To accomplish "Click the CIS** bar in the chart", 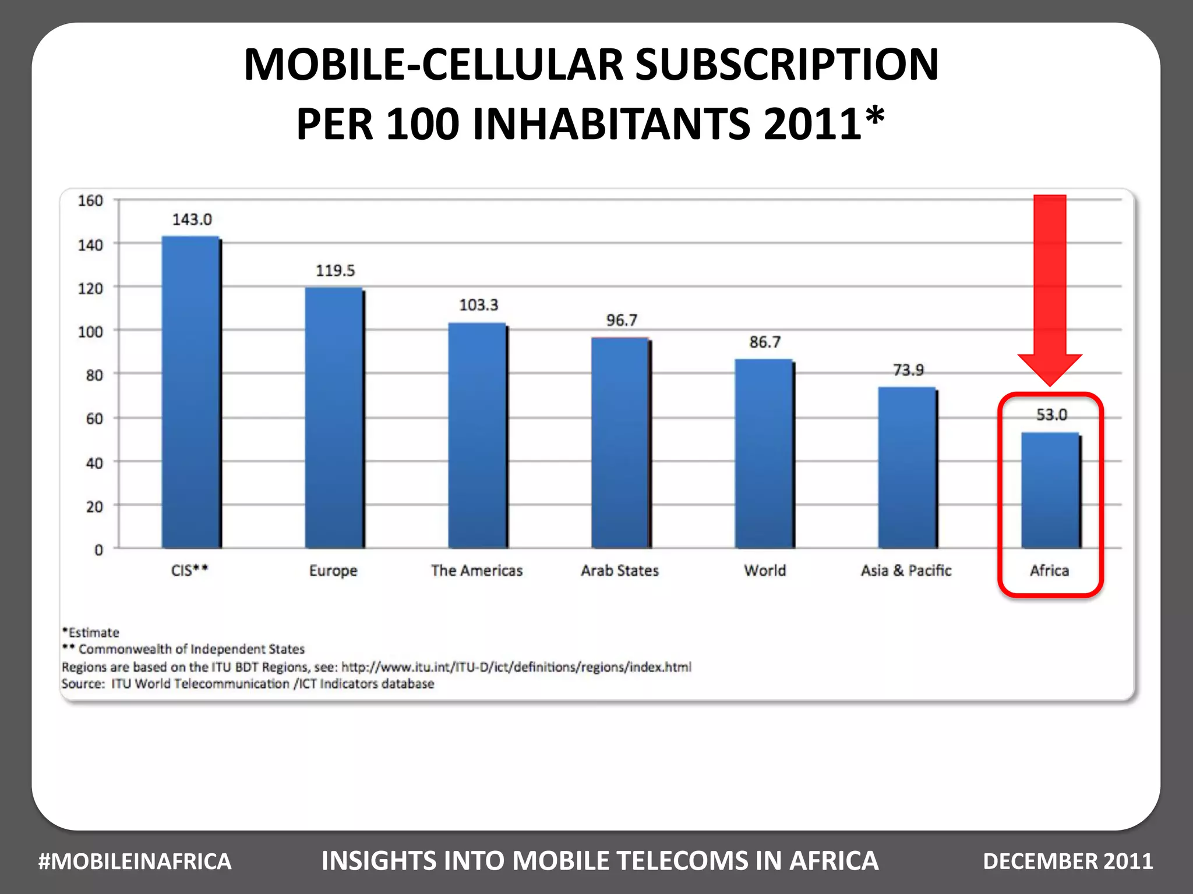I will tap(191, 393).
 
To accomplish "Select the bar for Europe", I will tap(334, 418).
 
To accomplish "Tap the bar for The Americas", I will tap(477, 436).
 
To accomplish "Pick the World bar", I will tap(764, 454).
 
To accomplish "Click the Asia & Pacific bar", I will tap(907, 468).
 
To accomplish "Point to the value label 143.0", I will tap(192, 219).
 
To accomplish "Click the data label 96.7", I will tap(622, 320).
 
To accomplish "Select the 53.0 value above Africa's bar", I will tap(1051, 414).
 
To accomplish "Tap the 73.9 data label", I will tap(908, 370).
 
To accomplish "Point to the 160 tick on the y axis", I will tap(90, 201).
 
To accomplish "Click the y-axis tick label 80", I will tap(94, 375).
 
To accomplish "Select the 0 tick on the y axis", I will tap(98, 550).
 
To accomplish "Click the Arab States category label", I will tap(620, 570).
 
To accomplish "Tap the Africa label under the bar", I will tap(1049, 570).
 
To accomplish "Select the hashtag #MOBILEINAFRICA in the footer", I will tap(135, 861).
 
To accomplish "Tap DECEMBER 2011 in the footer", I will tap(1068, 861).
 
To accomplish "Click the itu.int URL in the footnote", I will tap(516, 667).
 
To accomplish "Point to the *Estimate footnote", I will tap(91, 633).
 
